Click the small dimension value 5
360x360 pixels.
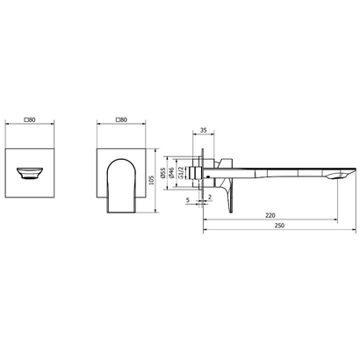[x=188, y=200]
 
